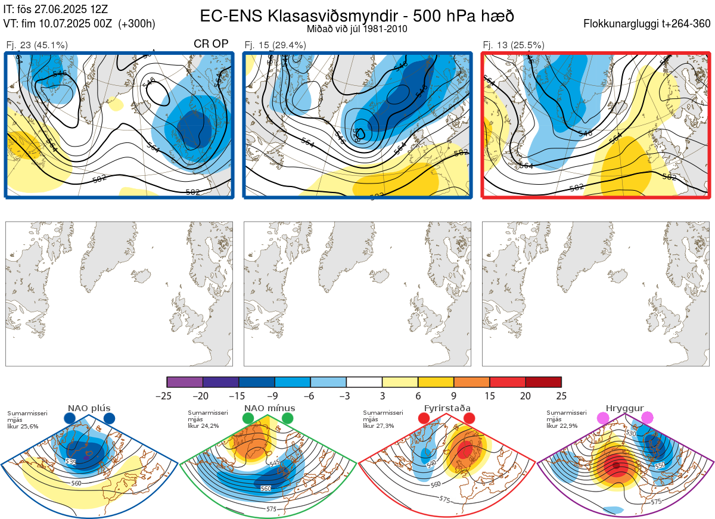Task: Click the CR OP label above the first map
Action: point(212,44)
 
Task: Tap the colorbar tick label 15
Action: point(489,396)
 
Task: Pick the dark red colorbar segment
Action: point(543,382)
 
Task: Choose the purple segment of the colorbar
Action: point(185,382)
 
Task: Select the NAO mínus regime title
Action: point(269,408)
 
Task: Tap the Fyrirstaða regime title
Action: point(447,408)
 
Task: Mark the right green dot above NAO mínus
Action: point(288,418)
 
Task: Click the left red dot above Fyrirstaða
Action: point(424,418)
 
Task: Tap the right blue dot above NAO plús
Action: point(109,418)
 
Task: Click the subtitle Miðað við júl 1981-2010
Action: point(357,29)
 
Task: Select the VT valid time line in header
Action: point(79,24)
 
